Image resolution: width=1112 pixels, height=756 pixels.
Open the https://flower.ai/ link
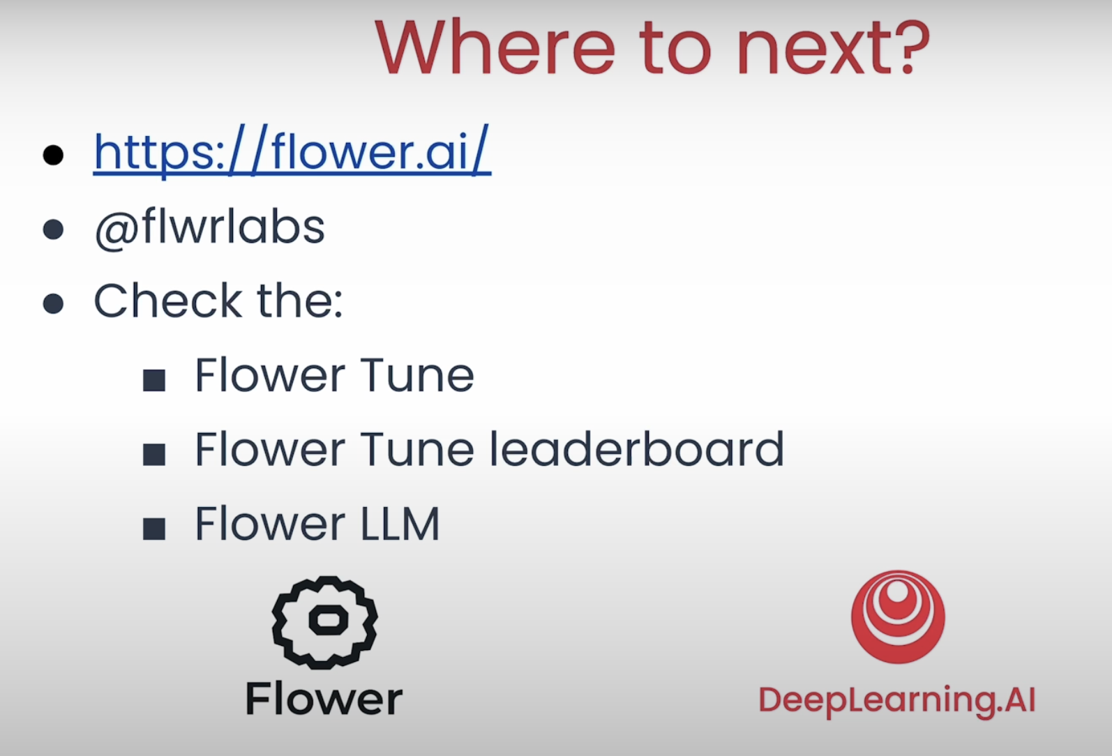pos(292,151)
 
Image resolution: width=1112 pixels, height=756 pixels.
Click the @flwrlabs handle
pos(209,228)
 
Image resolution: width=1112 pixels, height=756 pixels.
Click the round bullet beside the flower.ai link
pos(53,155)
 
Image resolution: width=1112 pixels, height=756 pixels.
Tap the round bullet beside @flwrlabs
pos(53,229)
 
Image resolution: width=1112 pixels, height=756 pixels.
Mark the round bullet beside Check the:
pos(53,303)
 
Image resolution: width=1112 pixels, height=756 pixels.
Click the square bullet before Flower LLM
pos(154,529)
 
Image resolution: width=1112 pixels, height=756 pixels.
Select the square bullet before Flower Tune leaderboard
pos(154,455)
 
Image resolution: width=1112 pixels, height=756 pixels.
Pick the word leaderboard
pos(637,448)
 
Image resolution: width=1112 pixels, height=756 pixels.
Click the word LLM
pos(400,523)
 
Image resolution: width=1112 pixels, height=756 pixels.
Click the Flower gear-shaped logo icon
pos(324,623)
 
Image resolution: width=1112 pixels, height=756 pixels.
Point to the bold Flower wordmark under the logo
pos(324,699)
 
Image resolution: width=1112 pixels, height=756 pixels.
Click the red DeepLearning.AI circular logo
pos(898,617)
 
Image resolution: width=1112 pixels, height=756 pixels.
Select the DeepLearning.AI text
pos(897,700)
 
